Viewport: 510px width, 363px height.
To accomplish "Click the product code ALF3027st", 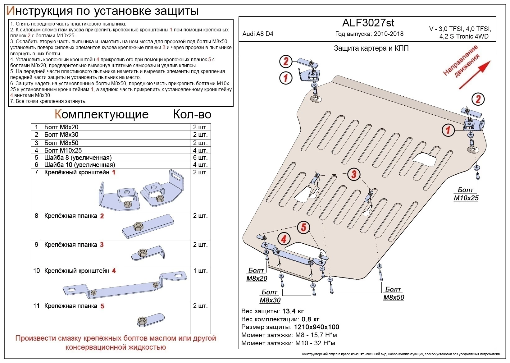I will pyautogui.click(x=368, y=23).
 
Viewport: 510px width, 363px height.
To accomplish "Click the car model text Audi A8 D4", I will pyautogui.click(x=258, y=34).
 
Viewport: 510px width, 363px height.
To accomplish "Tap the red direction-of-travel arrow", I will pyautogui.click(x=474, y=75).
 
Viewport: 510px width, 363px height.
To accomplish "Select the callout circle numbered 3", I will pyautogui.click(x=354, y=174).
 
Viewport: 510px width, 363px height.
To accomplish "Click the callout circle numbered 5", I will pyautogui.click(x=303, y=227).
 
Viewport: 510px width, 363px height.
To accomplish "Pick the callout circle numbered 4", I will pyautogui.click(x=284, y=239).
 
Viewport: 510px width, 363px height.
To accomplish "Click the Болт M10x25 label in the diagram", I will pyautogui.click(x=466, y=194).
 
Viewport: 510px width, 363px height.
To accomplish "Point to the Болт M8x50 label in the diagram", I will pyautogui.click(x=394, y=293).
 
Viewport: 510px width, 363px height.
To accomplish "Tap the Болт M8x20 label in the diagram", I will pyautogui.click(x=257, y=274).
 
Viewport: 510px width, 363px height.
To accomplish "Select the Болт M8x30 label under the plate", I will pyautogui.click(x=270, y=296).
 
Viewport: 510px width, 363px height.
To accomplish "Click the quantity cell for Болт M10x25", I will pyautogui.click(x=200, y=150).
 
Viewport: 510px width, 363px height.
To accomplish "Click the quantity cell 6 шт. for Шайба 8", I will pyautogui.click(x=200, y=158).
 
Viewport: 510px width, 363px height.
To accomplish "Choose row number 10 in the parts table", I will pyautogui.click(x=36, y=271).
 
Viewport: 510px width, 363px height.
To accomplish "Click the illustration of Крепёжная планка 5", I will pyautogui.click(x=150, y=320).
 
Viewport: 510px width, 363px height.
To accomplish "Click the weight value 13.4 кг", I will pyautogui.click(x=293, y=311).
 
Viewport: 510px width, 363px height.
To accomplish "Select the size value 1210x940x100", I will pyautogui.click(x=316, y=327).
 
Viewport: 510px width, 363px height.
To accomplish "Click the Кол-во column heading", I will pyautogui.click(x=192, y=114).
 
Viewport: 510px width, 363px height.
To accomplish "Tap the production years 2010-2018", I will pyautogui.click(x=389, y=34).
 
